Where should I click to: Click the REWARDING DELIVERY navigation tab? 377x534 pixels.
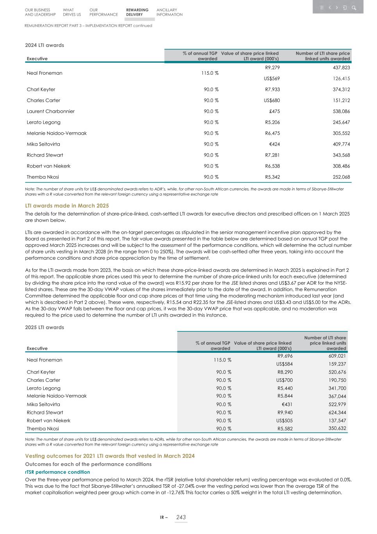pyautogui.click(x=137, y=12)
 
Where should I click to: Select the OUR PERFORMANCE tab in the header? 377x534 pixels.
pyautogui.click(x=103, y=12)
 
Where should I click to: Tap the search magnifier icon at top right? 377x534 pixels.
pyautogui.click(x=354, y=7)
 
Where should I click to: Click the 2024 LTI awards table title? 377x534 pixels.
pyautogui.click(x=45, y=45)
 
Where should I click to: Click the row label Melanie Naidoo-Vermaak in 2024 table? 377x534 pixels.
pyautogui.click(x=57, y=133)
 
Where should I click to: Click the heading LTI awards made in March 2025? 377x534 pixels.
pyautogui.click(x=67, y=206)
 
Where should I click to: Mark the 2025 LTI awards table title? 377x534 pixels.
pyautogui.click(x=45, y=327)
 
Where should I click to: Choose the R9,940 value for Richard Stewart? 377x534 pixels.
pyautogui.click(x=285, y=412)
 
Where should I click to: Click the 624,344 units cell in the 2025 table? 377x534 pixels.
pyautogui.click(x=337, y=412)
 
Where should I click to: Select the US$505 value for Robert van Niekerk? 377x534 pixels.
pyautogui.click(x=284, y=421)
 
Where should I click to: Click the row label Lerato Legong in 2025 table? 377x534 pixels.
pyautogui.click(x=43, y=388)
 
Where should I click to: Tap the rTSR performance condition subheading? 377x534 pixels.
pyautogui.click(x=57, y=472)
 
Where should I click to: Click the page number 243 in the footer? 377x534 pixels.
pyautogui.click(x=180, y=517)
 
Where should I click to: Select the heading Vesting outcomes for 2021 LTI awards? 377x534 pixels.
pyautogui.click(x=110, y=456)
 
